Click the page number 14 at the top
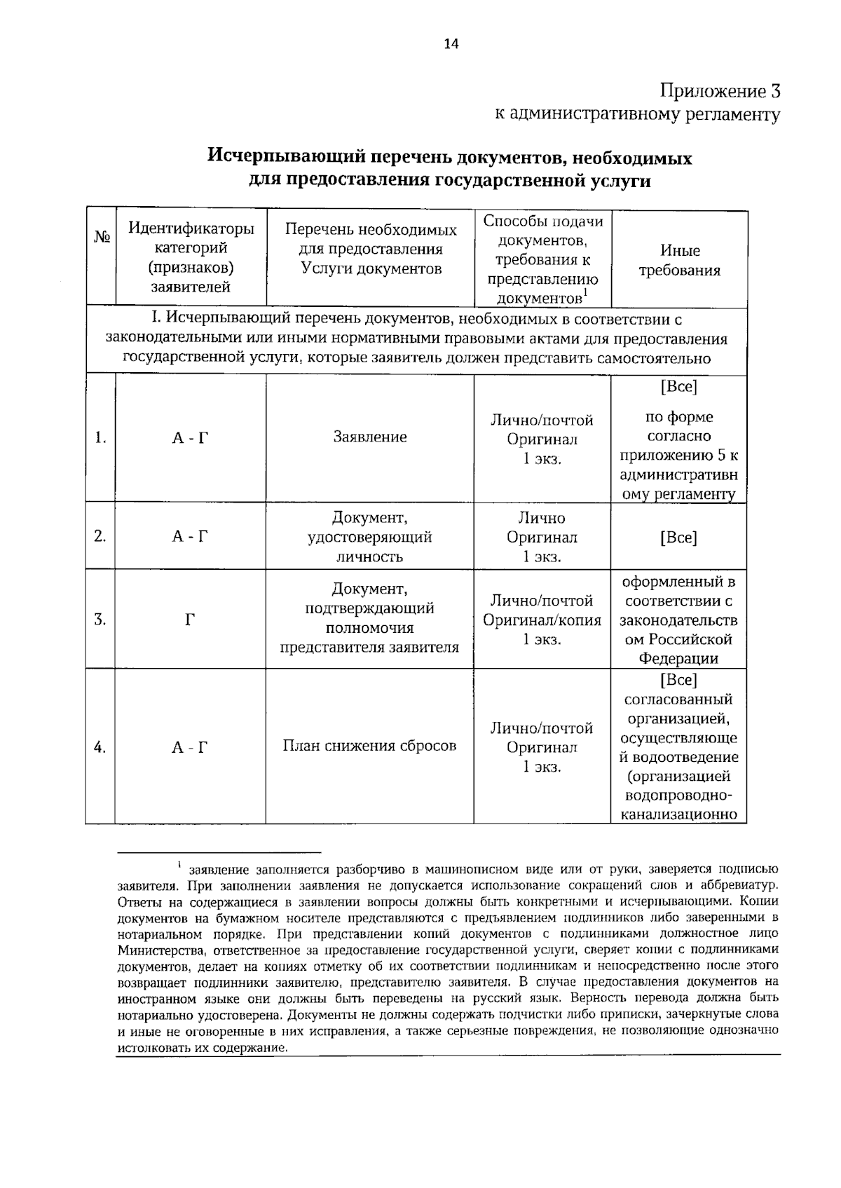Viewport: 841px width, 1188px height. pos(451,44)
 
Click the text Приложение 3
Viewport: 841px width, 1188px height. pos(720,91)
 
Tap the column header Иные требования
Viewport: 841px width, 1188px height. pos(680,260)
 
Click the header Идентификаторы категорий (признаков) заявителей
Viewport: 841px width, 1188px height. pos(191,257)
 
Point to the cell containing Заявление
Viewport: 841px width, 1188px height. pos(370,437)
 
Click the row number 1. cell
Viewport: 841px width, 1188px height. pos(101,438)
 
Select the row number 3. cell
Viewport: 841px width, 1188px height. pos(101,620)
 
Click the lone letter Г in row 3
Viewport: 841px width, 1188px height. pos(190,620)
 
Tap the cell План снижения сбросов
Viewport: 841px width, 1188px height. pos(370,746)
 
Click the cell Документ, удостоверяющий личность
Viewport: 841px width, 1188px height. pos(370,538)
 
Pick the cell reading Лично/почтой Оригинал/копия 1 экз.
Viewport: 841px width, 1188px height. pos(542,620)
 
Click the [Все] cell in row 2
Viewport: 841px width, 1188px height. pos(678,538)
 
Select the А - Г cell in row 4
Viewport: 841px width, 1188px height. pos(190,747)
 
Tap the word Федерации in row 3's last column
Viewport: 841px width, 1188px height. pos(678,658)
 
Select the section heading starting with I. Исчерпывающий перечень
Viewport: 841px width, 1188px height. pos(416,339)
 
